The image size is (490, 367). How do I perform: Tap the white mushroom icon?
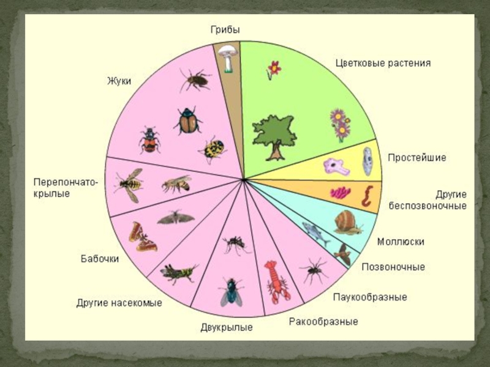tap(228, 57)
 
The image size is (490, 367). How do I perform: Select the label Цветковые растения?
tap(383, 63)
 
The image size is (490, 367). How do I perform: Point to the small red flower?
tap(273, 69)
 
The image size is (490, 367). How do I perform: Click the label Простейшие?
tap(417, 158)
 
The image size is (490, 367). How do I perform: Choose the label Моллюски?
tap(401, 242)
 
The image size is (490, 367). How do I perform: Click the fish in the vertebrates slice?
tap(315, 231)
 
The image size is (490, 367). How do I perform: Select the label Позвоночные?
tap(393, 267)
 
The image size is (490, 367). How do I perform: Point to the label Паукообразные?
tap(370, 297)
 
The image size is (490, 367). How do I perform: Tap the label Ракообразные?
tap(323, 321)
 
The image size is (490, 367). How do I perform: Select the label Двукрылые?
tap(227, 328)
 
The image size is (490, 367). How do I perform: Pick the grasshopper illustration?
tap(179, 273)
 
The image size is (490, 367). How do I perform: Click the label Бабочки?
tap(100, 258)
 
